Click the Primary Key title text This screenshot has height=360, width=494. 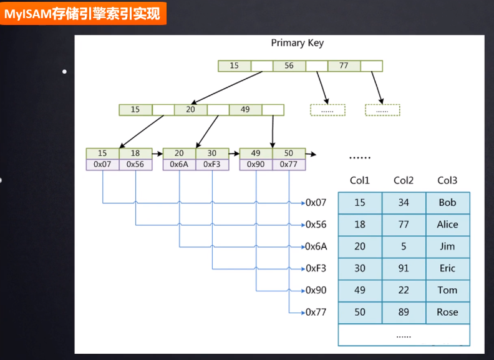click(298, 43)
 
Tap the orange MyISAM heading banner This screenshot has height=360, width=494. click(83, 12)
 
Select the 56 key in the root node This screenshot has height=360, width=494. click(289, 66)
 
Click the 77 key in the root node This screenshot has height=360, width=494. click(344, 66)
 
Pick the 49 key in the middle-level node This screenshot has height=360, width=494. click(245, 110)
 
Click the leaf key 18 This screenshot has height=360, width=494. click(135, 153)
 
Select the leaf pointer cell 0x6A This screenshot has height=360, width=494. click(179, 165)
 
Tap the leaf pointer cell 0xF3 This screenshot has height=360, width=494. click(212, 165)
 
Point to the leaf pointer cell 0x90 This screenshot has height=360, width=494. click(256, 165)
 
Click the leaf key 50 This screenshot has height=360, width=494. click(289, 153)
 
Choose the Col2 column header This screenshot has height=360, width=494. click(404, 181)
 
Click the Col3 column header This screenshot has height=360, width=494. click(447, 181)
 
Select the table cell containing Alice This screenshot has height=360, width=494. click(447, 225)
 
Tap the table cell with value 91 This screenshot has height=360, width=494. click(404, 268)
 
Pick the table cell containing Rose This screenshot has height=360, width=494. click(447, 312)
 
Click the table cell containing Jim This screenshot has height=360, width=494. click(447, 246)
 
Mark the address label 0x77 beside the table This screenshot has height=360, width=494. click(316, 312)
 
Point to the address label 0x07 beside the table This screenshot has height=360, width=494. click(316, 203)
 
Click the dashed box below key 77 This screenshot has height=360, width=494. click(382, 110)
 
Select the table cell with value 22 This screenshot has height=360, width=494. click(404, 290)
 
